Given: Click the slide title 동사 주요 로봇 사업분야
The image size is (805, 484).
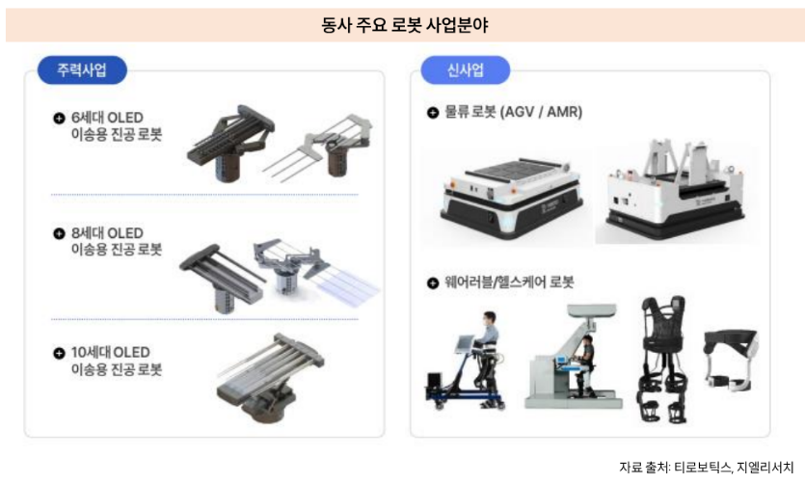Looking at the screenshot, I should click(x=404, y=25).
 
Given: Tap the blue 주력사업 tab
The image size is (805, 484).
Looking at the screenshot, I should click(x=82, y=70).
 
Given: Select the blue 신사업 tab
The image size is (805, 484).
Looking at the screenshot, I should click(x=466, y=70).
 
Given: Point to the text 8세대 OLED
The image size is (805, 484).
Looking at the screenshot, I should click(x=106, y=233).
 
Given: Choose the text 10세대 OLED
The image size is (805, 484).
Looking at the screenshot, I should click(x=110, y=352).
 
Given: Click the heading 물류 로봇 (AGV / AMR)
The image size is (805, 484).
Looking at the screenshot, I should click(x=513, y=112).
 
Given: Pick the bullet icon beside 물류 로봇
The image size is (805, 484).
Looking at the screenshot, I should click(x=433, y=112).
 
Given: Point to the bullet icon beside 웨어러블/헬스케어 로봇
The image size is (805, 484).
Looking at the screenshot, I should click(x=433, y=282).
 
